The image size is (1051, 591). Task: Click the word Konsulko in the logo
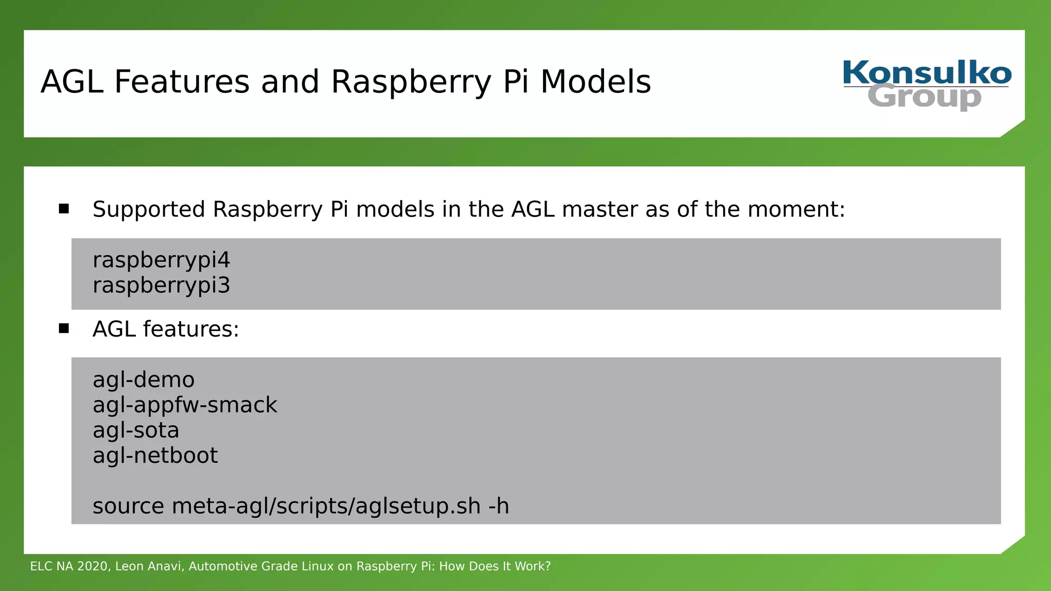point(927,73)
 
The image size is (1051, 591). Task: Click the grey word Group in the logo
point(924,97)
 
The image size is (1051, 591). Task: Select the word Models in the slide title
point(595,82)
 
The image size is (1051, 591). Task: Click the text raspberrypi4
point(161,260)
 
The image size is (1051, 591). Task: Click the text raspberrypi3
point(161,285)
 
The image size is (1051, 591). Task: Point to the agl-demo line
point(144,380)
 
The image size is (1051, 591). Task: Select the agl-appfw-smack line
point(185,405)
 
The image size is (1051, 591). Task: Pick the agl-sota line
point(136,430)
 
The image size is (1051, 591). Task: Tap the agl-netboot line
point(155,456)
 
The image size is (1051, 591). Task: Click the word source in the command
point(128,506)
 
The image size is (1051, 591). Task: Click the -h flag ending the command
point(498,506)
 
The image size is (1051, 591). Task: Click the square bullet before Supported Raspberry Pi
point(64,209)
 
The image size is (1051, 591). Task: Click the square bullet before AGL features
point(64,328)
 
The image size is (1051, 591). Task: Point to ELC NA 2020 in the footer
point(69,566)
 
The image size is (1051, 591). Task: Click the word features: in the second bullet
point(191,329)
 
